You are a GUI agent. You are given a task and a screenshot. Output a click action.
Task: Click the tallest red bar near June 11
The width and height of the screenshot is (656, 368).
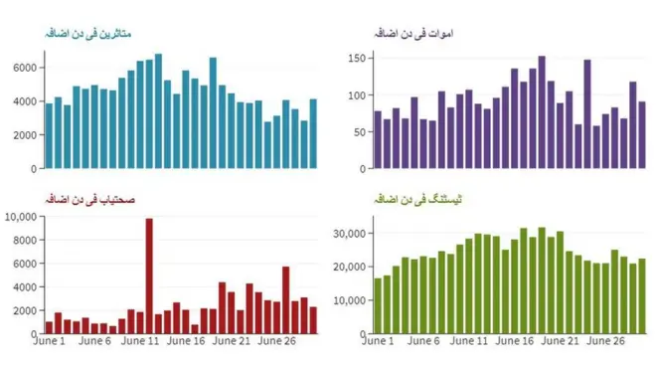[149, 278]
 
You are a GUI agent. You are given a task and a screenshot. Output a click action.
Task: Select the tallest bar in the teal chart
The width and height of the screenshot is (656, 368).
[158, 110]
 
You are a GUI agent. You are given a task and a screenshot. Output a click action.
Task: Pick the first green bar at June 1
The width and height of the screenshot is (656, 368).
[378, 307]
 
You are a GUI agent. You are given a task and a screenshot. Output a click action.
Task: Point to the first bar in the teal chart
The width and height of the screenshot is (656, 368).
[49, 135]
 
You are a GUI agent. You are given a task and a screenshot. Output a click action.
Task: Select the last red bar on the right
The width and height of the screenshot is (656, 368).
[313, 322]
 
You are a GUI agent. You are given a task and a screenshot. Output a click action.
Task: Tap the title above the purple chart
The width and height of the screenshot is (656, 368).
[416, 33]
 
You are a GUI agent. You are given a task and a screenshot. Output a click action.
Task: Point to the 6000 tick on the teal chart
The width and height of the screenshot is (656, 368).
[25, 67]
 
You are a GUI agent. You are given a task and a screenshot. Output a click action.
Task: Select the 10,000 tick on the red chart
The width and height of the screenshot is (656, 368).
[20, 216]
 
